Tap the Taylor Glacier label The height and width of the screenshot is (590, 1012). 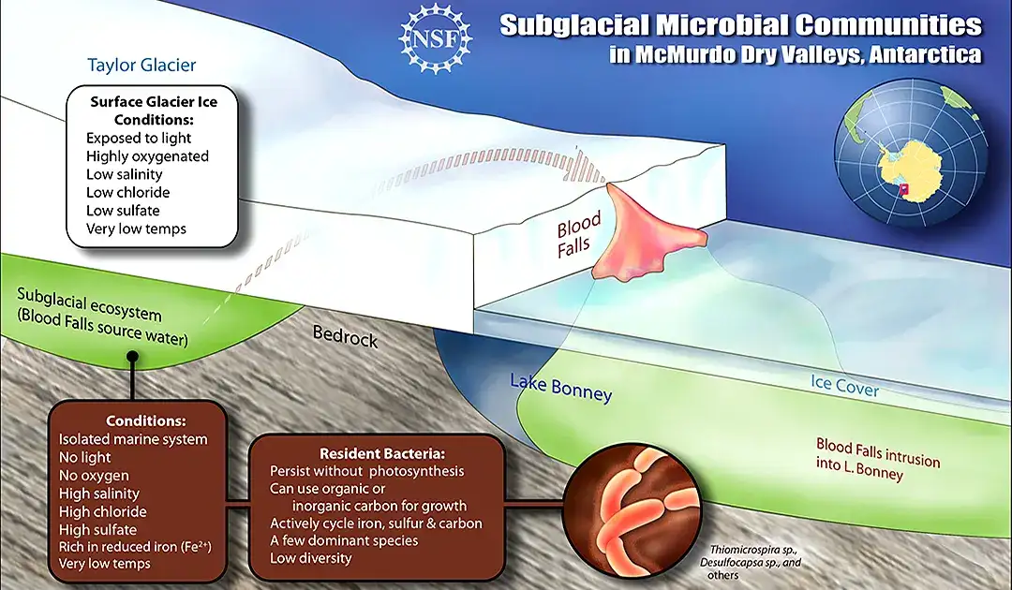141,65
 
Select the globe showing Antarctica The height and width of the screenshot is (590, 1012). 910,153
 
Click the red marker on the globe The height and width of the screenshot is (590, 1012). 904,189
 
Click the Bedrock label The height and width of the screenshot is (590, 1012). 345,335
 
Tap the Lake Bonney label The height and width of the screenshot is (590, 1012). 561,387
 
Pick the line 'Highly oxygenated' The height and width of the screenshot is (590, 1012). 147,156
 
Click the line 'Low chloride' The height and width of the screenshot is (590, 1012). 127,192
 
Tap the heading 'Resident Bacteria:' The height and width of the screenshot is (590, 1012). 382,453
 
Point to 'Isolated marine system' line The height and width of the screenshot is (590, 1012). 133,439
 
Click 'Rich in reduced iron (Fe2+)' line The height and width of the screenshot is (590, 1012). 135,546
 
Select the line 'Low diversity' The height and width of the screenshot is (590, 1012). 310,558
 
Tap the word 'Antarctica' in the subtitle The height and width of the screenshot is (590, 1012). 926,54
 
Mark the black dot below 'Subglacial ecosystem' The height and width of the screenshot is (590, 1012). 132,356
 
